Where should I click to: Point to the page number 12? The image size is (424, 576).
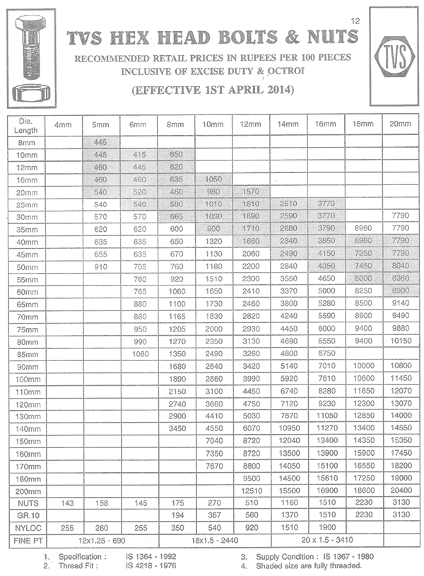coord(355,21)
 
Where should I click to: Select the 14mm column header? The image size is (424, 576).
coord(288,124)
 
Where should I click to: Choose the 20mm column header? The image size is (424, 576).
coord(399,124)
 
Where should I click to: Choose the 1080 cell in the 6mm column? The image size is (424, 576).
coord(139,353)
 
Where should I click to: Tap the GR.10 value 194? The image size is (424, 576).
coord(176,515)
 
